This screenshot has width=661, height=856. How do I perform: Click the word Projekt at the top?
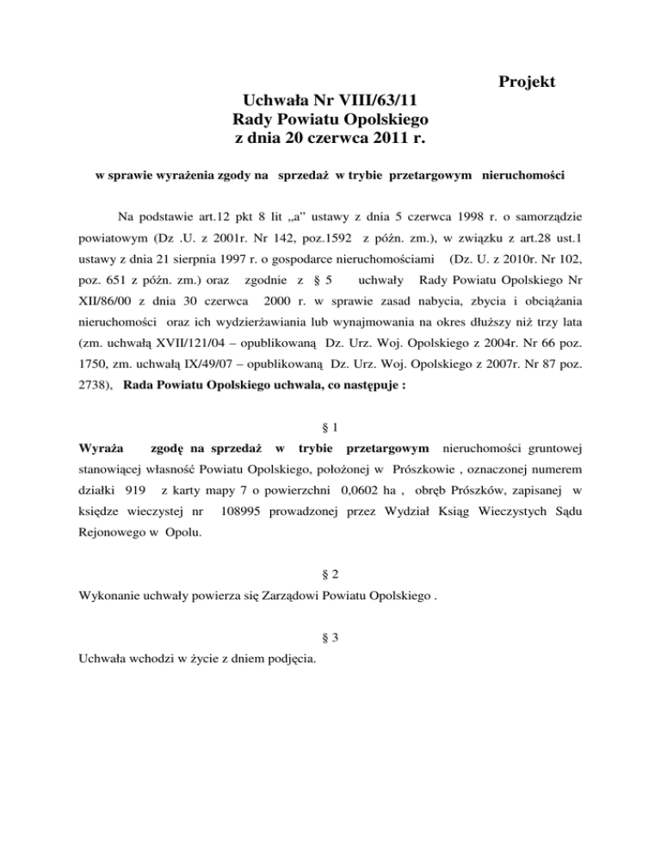[526, 83]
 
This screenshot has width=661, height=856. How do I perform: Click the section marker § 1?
[330, 424]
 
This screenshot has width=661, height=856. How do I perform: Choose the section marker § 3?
[330, 639]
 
